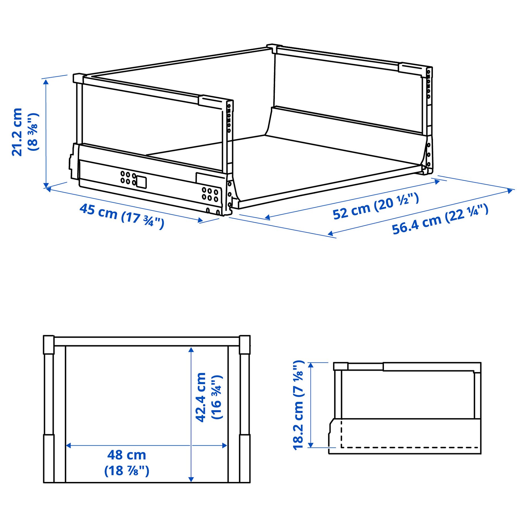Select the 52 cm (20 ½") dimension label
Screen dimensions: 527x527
point(375,206)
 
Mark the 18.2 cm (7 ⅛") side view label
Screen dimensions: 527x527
point(299,405)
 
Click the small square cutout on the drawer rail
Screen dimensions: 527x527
point(141,182)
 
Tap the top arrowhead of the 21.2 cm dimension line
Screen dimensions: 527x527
point(46,82)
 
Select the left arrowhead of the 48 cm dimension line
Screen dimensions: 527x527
point(68,446)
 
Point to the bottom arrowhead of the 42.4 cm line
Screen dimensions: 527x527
point(191,479)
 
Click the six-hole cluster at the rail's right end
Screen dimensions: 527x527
point(210,195)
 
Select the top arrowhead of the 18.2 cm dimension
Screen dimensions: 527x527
point(311,365)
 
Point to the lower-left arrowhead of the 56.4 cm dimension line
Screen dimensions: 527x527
point(330,234)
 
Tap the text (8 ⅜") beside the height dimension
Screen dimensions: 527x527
point(33,132)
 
